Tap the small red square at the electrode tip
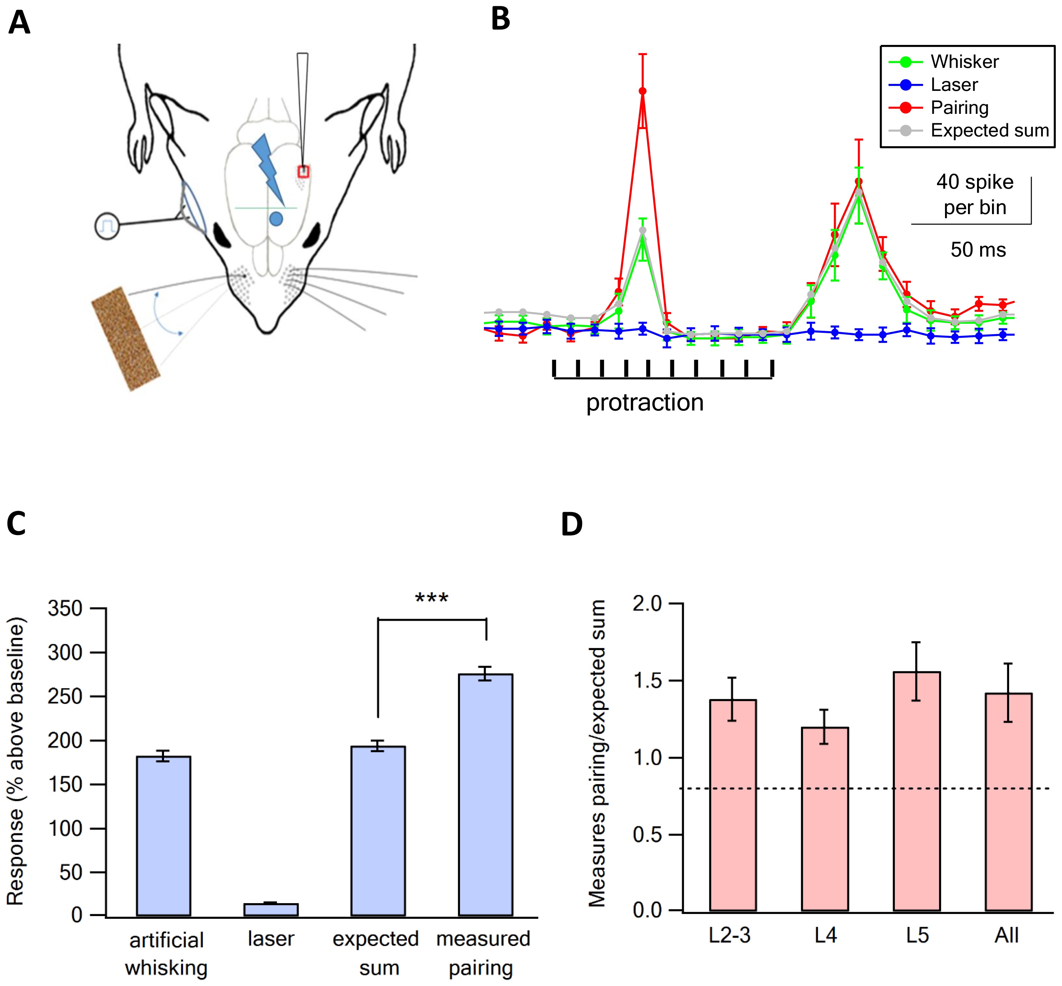pyautogui.click(x=303, y=172)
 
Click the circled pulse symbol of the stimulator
pyautogui.click(x=107, y=226)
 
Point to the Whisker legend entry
pyautogui.click(x=964, y=62)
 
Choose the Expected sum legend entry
pyautogui.click(x=989, y=131)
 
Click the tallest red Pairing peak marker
pyautogui.click(x=642, y=91)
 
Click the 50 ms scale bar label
pyautogui.click(x=978, y=250)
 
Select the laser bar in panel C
pyautogui.click(x=271, y=909)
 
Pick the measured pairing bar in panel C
pyautogui.click(x=486, y=795)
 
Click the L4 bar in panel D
pyautogui.click(x=825, y=819)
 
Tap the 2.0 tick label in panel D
pyautogui.click(x=647, y=603)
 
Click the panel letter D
pyautogui.click(x=571, y=524)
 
